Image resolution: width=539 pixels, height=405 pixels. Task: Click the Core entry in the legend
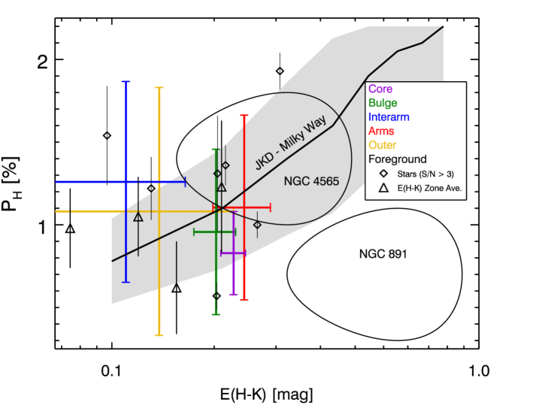(x=380, y=89)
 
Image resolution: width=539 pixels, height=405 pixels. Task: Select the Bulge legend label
(x=383, y=103)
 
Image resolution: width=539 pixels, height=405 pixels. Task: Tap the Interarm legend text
(x=389, y=117)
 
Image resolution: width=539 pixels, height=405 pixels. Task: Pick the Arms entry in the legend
(x=381, y=131)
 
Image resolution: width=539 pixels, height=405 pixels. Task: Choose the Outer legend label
(x=382, y=145)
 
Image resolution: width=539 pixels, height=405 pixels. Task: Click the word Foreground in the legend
(x=397, y=159)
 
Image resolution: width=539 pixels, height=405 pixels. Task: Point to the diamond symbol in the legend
(x=383, y=174)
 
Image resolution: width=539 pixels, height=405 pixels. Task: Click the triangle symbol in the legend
(x=383, y=188)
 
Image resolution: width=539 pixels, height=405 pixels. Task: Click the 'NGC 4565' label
(x=311, y=182)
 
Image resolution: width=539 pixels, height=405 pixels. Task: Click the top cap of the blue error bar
(x=126, y=81)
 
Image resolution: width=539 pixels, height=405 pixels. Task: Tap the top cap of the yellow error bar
(x=159, y=88)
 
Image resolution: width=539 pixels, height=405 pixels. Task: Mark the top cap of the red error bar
(x=244, y=116)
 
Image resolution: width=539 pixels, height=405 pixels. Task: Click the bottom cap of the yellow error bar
(x=159, y=335)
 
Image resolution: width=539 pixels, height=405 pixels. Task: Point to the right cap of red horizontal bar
(x=270, y=207)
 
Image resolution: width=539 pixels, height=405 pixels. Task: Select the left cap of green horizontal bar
(x=194, y=231)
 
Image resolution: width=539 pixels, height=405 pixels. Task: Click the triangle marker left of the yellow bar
(x=138, y=217)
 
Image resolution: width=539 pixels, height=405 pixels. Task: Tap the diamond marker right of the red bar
(x=257, y=225)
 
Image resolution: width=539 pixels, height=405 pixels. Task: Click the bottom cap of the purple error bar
(x=234, y=295)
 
